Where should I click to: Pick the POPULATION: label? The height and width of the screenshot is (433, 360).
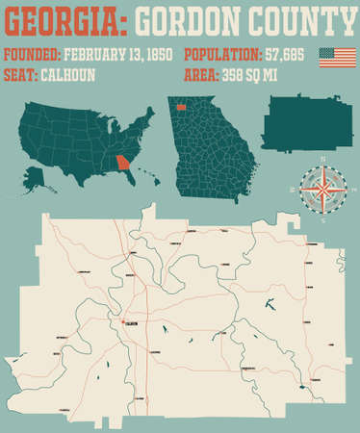pyautogui.click(x=222, y=54)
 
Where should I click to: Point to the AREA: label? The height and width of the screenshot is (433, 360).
pyautogui.click(x=204, y=75)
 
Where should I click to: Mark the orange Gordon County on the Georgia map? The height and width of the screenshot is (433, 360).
pyautogui.click(x=182, y=108)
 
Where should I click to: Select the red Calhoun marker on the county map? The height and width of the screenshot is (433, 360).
pyautogui.click(x=123, y=322)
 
